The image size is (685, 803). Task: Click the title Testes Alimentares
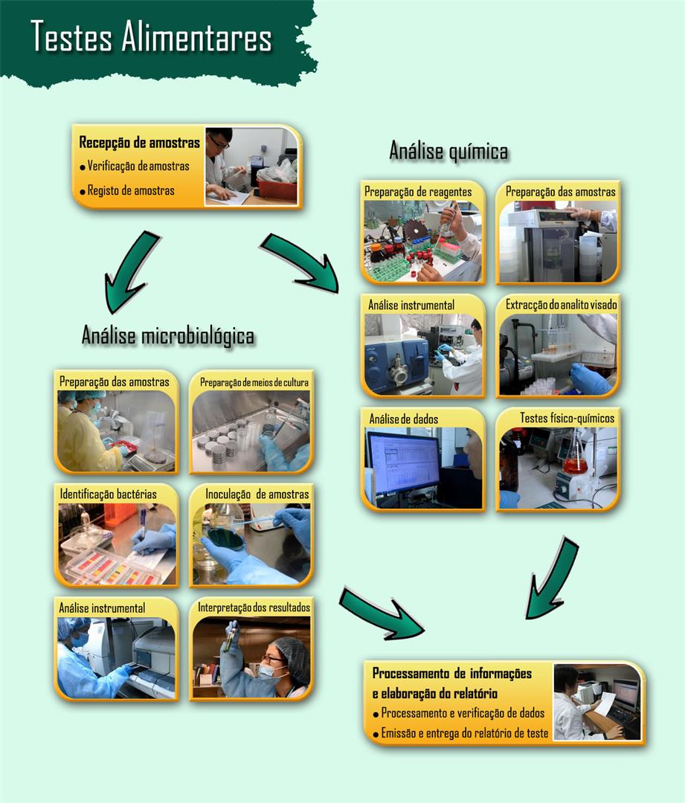pyautogui.click(x=151, y=37)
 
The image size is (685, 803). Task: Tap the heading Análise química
pyautogui.click(x=448, y=151)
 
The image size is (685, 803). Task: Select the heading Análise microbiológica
pyautogui.click(x=168, y=335)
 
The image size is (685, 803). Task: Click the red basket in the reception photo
pyautogui.click(x=277, y=190)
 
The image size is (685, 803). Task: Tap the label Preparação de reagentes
pyautogui.click(x=418, y=192)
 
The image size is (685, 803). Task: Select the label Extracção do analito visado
pyautogui.click(x=561, y=305)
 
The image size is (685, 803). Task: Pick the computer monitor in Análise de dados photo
pyautogui.click(x=403, y=462)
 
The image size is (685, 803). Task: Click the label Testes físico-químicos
pyautogui.click(x=567, y=418)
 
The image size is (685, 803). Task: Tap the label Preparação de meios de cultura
pyautogui.click(x=254, y=382)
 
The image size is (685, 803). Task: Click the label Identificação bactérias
pyautogui.click(x=108, y=494)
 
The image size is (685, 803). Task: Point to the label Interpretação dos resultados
pyautogui.click(x=254, y=607)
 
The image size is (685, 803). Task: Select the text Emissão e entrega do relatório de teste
pyautogui.click(x=464, y=733)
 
